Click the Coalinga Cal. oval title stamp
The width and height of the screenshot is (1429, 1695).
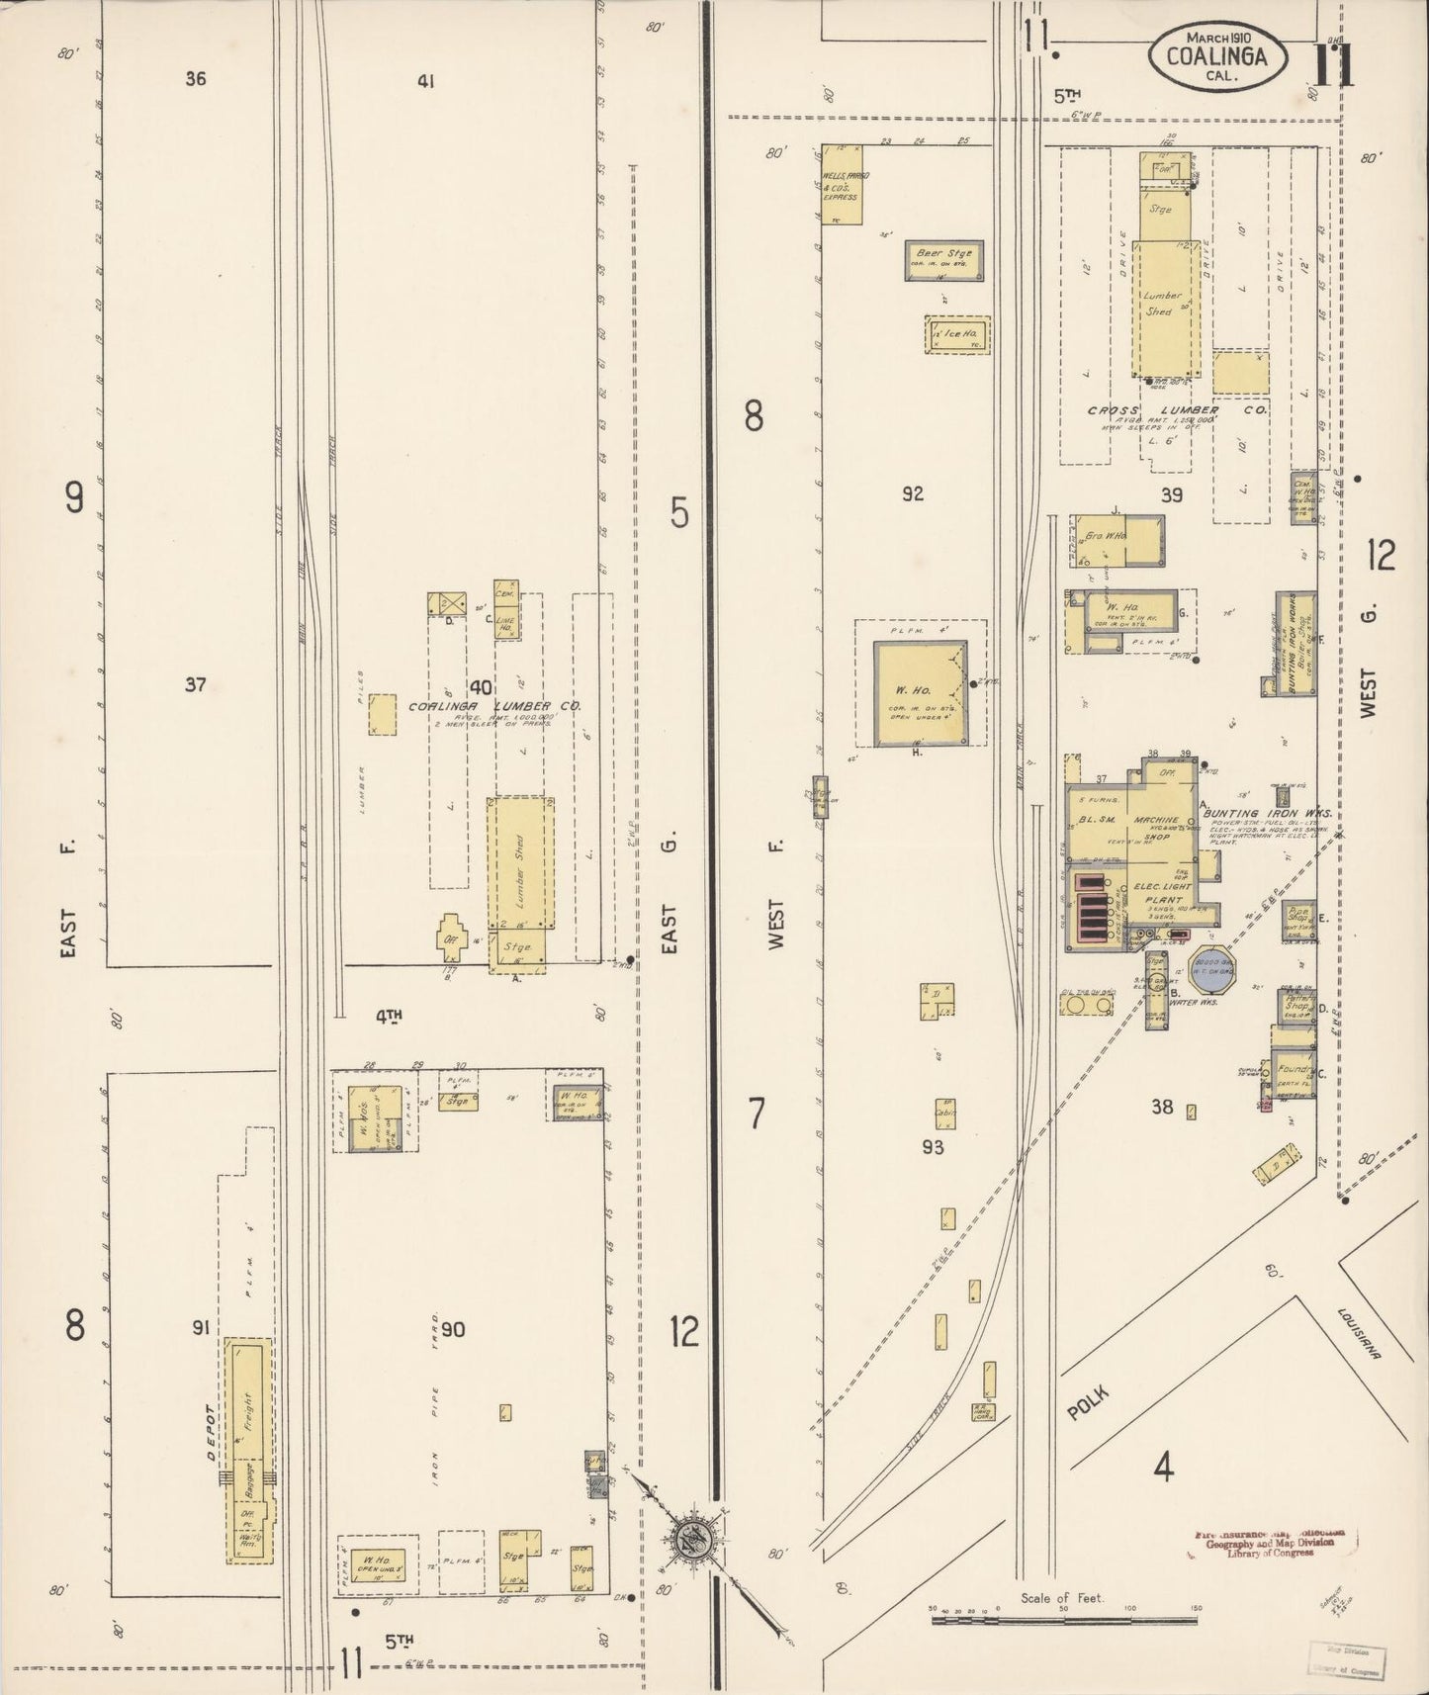tap(1217, 55)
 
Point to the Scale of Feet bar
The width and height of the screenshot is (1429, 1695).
tap(1064, 1618)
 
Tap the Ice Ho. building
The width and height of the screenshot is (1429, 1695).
tap(957, 335)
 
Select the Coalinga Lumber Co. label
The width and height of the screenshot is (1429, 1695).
tap(495, 706)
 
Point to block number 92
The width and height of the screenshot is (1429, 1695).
tap(912, 492)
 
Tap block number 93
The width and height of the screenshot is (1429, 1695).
tap(933, 1146)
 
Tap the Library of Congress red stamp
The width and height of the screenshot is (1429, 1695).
tap(1269, 1571)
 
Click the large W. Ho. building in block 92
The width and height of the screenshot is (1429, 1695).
tap(919, 692)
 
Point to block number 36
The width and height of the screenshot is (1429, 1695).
tap(195, 78)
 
